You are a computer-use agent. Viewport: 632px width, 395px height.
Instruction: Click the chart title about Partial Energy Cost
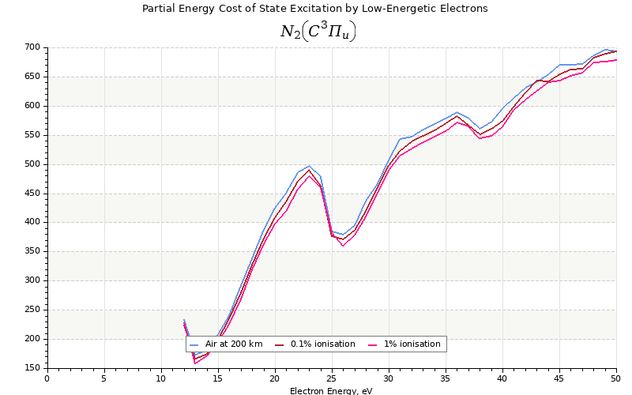pyautogui.click(x=314, y=9)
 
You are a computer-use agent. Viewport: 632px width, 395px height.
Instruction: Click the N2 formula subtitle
pyautogui.click(x=318, y=32)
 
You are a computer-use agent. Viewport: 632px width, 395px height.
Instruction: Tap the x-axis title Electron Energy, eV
pyautogui.click(x=330, y=390)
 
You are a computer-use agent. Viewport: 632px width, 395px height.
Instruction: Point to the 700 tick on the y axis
pyautogui.click(x=33, y=47)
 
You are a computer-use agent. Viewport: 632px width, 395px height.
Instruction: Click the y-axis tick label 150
pyautogui.click(x=33, y=368)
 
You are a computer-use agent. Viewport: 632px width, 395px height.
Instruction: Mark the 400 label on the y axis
pyautogui.click(x=33, y=223)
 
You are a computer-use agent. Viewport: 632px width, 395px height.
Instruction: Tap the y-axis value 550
pyautogui.click(x=33, y=135)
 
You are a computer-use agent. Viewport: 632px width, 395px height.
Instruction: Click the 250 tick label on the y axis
pyautogui.click(x=33, y=310)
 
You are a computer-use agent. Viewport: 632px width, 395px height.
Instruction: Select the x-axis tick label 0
pyautogui.click(x=47, y=378)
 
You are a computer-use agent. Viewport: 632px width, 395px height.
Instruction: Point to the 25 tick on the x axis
pyautogui.click(x=332, y=378)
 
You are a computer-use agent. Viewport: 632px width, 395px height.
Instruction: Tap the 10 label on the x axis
pyautogui.click(x=161, y=378)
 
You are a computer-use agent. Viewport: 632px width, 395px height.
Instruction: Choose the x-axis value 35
pyautogui.click(x=446, y=378)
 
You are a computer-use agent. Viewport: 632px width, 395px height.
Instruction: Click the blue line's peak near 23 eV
pyautogui.click(x=309, y=166)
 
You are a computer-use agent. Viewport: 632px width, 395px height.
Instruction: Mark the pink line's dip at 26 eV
pyautogui.click(x=343, y=246)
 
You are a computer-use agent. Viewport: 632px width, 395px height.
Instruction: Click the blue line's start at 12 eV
pyautogui.click(x=184, y=320)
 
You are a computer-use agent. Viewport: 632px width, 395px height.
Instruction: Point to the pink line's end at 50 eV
pyautogui.click(x=616, y=60)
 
